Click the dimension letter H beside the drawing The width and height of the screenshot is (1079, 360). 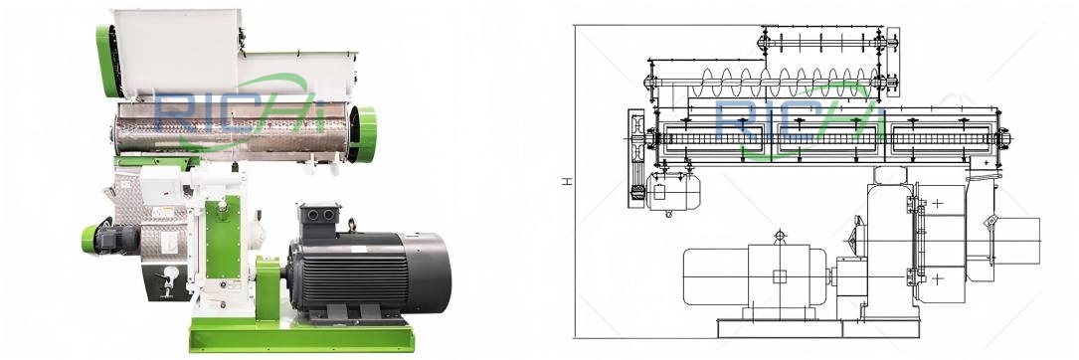pyautogui.click(x=566, y=182)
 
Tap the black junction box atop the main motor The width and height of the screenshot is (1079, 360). pyautogui.click(x=321, y=217)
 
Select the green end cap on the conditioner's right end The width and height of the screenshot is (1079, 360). pyautogui.click(x=366, y=133)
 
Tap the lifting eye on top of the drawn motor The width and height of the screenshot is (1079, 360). pyautogui.click(x=780, y=236)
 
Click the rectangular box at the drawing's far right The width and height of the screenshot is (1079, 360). pyautogui.click(x=1016, y=241)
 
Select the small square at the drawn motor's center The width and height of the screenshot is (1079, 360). pyautogui.click(x=780, y=276)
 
